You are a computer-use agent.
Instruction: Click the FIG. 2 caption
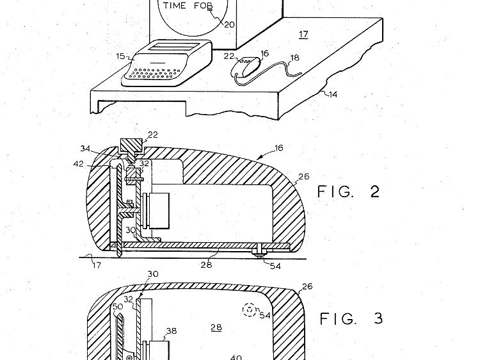tap(348, 192)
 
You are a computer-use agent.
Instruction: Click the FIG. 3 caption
tap(351, 318)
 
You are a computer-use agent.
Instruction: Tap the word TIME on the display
tap(174, 6)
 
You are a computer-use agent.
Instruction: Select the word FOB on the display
tap(203, 6)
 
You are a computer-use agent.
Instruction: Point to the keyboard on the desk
tap(167, 63)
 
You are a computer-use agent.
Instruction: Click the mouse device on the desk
tap(245, 67)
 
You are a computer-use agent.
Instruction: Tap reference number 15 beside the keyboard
tap(120, 56)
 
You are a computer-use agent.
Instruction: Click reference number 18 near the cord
tap(294, 58)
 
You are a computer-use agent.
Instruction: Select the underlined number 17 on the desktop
tap(303, 34)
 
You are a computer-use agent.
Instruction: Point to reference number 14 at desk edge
tap(332, 94)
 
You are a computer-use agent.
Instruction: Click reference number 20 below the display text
tap(229, 24)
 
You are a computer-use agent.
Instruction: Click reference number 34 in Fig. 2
tap(85, 149)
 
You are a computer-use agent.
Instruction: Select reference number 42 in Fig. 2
tap(79, 164)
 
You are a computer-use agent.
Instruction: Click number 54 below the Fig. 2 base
tap(275, 266)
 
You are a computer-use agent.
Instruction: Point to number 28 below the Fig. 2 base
tap(206, 265)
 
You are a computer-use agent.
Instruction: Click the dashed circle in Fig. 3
tap(249, 310)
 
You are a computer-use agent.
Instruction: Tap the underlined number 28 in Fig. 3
tap(216, 327)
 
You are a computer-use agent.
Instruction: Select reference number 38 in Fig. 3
tap(172, 331)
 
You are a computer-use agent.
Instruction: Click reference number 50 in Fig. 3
tap(118, 306)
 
